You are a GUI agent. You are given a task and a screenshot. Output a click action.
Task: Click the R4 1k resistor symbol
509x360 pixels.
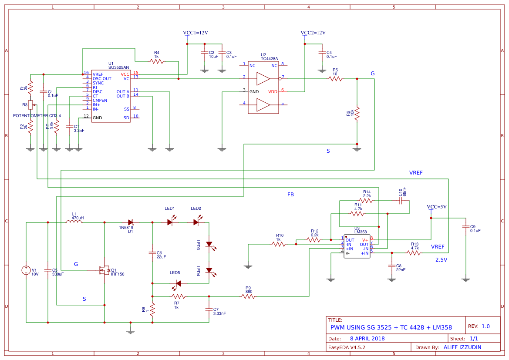pyautogui.click(x=157, y=61)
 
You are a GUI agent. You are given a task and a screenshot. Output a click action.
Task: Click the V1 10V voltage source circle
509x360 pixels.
pyautogui.click(x=26, y=270)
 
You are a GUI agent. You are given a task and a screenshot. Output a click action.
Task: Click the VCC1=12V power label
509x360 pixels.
pyautogui.click(x=196, y=33)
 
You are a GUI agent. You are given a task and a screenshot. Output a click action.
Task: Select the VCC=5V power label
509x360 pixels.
pyautogui.click(x=437, y=207)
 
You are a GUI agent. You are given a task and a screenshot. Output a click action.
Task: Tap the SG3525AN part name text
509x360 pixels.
pyautogui.click(x=118, y=67)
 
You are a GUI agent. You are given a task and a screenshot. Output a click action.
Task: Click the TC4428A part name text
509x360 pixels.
pyautogui.click(x=269, y=59)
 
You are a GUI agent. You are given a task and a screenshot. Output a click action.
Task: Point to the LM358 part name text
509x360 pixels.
pyautogui.click(x=360, y=232)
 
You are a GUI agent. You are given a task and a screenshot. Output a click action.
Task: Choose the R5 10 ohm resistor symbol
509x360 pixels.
pyautogui.click(x=335, y=79)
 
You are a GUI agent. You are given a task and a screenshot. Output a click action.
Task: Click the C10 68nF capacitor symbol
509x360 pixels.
pyautogui.click(x=401, y=201)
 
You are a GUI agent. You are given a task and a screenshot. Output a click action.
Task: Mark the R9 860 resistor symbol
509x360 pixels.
pyautogui.click(x=248, y=296)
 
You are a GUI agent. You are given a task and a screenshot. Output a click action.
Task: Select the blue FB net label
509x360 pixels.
pyautogui.click(x=290, y=195)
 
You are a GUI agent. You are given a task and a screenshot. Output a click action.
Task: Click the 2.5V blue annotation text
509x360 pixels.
pyautogui.click(x=441, y=260)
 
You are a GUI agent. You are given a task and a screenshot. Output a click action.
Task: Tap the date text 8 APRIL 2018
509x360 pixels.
pyautogui.click(x=367, y=338)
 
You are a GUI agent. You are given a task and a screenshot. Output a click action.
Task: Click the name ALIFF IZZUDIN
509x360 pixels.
pyautogui.click(x=465, y=347)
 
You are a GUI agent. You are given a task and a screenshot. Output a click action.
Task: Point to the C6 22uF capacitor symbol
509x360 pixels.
pyautogui.click(x=152, y=252)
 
